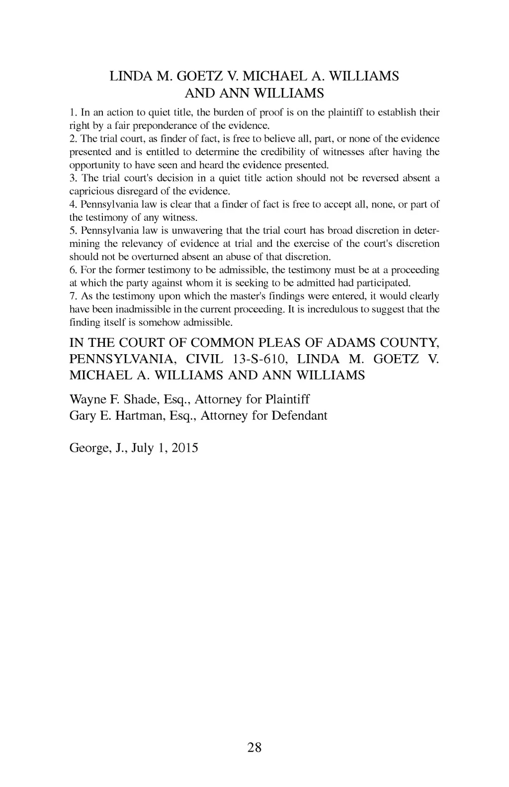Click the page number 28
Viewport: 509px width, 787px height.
coord(254,747)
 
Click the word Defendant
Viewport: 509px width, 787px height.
coord(299,415)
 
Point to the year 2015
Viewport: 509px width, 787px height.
coord(184,448)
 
